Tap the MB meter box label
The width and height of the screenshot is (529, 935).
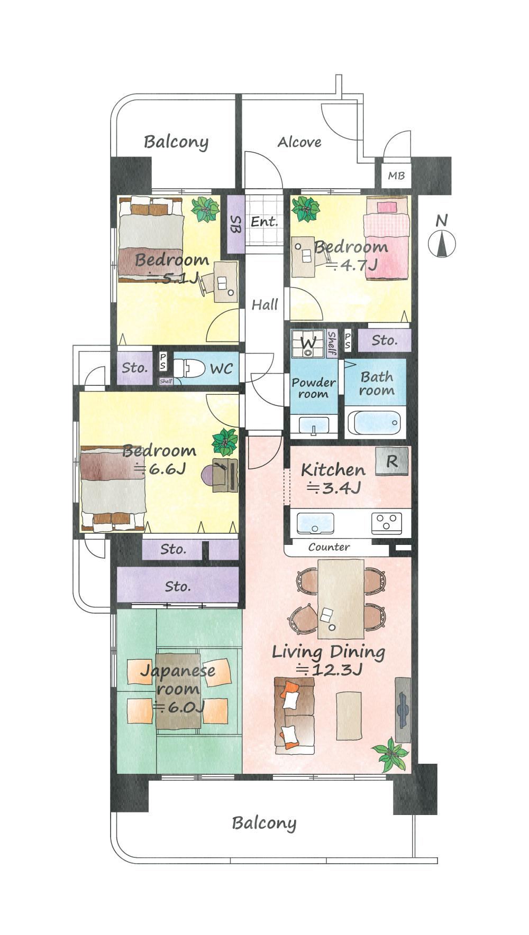(x=396, y=175)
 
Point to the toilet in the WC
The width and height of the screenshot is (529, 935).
(x=188, y=368)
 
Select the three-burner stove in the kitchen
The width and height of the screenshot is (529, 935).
(x=390, y=522)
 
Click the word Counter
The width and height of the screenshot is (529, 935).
(x=329, y=547)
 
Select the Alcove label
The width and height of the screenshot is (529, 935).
(x=299, y=142)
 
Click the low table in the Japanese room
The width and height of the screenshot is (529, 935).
(x=178, y=690)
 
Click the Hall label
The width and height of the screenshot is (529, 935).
(x=264, y=304)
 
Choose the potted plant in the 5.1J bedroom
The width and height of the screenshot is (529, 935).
(x=206, y=210)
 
